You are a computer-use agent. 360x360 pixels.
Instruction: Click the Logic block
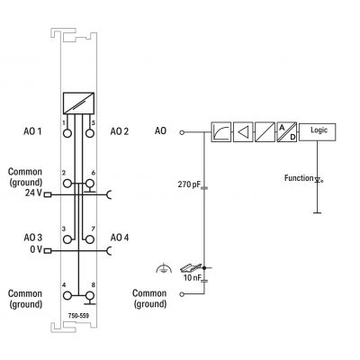[318, 131]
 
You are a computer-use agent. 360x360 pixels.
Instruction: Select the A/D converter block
[287, 131]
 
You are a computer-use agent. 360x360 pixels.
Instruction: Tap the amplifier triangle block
[243, 131]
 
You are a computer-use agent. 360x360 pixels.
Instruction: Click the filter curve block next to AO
[221, 131]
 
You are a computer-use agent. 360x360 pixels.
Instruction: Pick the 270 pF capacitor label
[189, 184]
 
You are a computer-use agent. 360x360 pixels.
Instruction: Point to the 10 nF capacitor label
[192, 277]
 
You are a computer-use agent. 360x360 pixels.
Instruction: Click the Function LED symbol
[318, 180]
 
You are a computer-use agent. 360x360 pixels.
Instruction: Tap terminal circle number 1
[67, 133]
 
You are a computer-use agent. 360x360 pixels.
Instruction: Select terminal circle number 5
[89, 133]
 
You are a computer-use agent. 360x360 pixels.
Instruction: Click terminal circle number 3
[67, 239]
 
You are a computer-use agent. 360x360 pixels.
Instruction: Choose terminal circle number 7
[89, 239]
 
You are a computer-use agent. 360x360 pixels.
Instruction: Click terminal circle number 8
[89, 296]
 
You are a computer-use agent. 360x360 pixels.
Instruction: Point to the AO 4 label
[120, 238]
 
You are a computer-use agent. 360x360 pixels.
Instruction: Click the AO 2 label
[120, 131]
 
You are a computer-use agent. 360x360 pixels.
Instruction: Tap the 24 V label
[33, 193]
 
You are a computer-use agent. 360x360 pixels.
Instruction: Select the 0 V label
[36, 249]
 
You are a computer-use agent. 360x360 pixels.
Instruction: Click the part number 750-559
[78, 316]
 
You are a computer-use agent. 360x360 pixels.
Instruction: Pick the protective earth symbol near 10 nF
[164, 268]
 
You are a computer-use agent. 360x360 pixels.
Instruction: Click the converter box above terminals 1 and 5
[78, 103]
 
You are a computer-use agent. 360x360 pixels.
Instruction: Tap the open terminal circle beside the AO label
[182, 132]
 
